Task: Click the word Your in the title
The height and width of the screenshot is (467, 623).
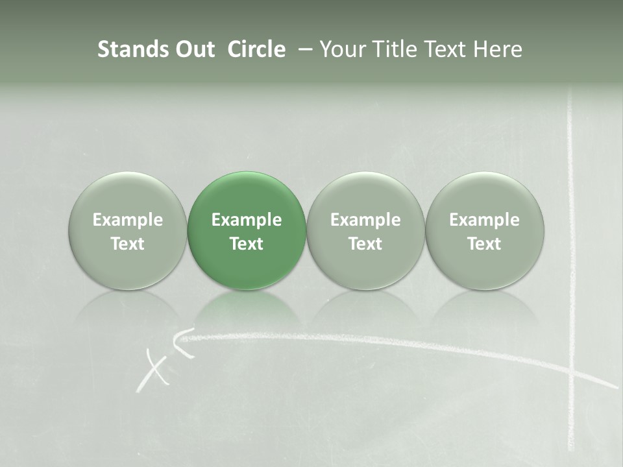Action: click(x=341, y=49)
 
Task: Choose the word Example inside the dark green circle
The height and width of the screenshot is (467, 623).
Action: click(x=247, y=220)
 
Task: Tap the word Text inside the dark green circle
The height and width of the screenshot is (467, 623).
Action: click(x=247, y=244)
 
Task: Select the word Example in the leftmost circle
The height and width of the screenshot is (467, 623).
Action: click(x=127, y=220)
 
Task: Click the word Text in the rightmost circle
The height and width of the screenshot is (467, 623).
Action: click(x=485, y=244)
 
